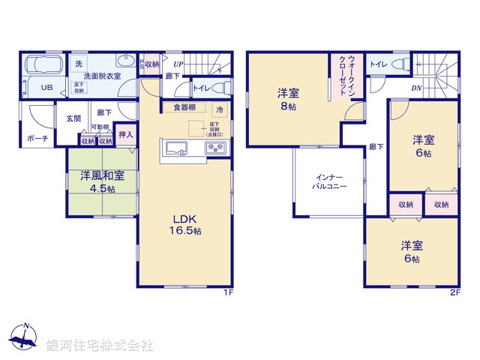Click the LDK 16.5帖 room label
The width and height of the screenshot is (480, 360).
(x=187, y=225)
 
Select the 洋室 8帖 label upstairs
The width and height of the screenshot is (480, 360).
(x=289, y=100)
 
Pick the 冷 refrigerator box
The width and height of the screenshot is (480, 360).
(x=220, y=109)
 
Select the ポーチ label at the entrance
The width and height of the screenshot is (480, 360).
(x=37, y=139)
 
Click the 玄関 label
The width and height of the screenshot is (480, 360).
(x=73, y=118)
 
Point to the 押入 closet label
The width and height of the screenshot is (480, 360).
(x=126, y=136)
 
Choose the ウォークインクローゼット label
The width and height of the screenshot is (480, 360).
(x=352, y=68)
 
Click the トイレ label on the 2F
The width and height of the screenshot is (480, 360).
(x=379, y=64)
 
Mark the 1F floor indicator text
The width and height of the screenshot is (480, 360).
(x=230, y=292)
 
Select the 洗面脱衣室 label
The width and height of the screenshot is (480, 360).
(x=102, y=76)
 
